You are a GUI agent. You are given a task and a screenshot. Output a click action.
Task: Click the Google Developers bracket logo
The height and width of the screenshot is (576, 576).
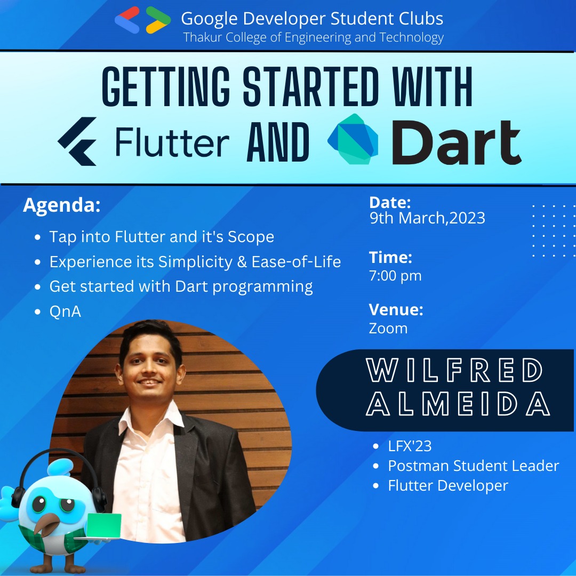tap(143, 20)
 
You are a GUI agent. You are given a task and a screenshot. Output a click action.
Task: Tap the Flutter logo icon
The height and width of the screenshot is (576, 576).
tap(77, 141)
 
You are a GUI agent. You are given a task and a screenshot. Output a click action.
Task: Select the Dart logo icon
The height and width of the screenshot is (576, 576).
tap(353, 139)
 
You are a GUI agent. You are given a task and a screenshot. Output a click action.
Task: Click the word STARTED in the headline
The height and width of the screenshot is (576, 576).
tap(311, 87)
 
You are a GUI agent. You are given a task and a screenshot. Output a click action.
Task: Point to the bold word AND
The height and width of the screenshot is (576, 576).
tap(278, 142)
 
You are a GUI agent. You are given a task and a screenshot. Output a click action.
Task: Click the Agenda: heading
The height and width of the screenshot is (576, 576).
tap(62, 205)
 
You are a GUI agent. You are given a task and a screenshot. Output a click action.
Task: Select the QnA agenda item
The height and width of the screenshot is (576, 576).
tap(65, 311)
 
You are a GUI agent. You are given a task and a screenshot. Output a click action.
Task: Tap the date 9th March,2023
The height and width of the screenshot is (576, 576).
tap(427, 218)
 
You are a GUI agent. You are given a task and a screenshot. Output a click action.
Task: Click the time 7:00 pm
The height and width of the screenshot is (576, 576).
tap(395, 276)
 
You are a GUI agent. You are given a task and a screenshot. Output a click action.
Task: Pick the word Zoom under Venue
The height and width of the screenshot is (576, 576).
tap(388, 329)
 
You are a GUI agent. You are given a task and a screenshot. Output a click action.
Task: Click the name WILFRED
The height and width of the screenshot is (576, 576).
tap(454, 370)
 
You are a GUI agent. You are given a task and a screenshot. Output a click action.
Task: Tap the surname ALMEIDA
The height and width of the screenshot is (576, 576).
tap(458, 403)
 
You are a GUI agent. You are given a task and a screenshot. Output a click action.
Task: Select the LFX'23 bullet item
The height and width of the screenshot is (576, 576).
tap(410, 446)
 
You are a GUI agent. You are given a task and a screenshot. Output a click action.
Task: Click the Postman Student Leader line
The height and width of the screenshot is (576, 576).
tap(474, 466)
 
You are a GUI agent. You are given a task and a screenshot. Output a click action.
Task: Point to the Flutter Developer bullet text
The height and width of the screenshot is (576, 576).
tap(448, 486)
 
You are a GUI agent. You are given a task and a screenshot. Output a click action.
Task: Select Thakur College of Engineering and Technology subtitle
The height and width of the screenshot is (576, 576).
tap(314, 37)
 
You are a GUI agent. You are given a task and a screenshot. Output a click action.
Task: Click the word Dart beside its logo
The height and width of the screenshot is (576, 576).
tap(456, 142)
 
